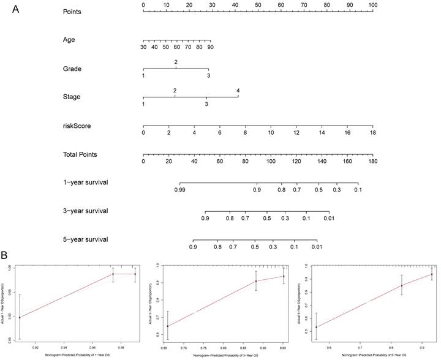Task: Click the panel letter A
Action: pos(8,8)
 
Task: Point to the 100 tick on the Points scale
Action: pos(372,5)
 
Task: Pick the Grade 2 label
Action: pos(176,62)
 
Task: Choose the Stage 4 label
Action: pos(238,91)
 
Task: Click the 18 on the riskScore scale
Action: pos(372,133)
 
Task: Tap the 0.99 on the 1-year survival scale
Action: pos(180,190)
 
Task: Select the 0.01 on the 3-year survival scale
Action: pos(329,218)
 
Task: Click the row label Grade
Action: pos(72,69)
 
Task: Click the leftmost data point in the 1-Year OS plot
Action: pos(20,317)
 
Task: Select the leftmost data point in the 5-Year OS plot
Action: pos(316,327)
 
